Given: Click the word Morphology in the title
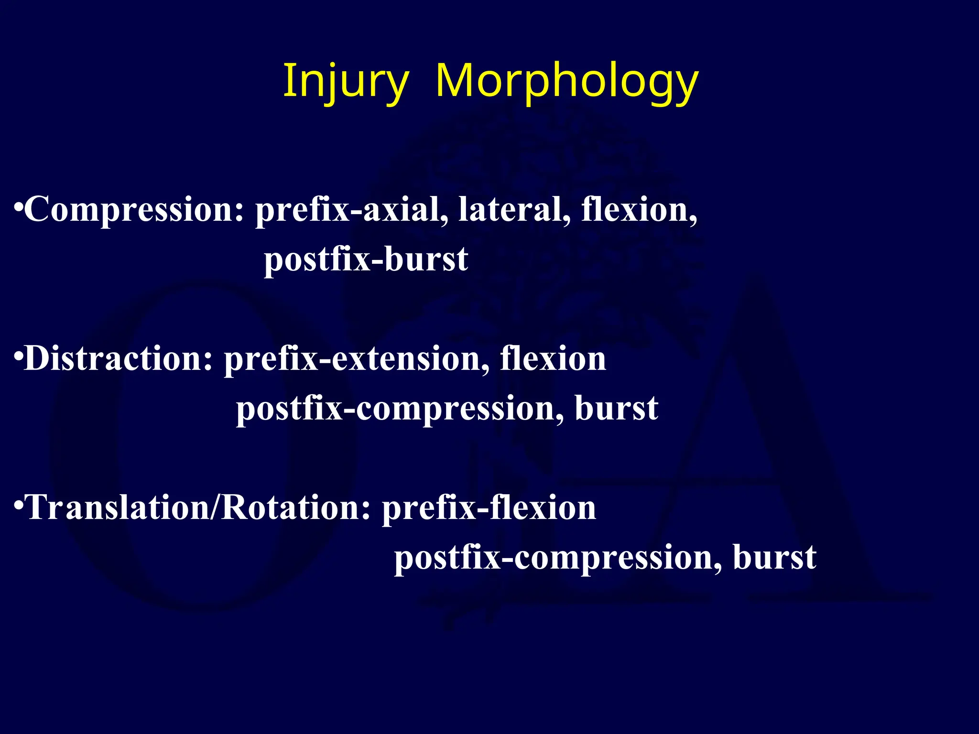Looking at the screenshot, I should (567, 81).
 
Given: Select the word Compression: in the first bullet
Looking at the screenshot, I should (134, 210).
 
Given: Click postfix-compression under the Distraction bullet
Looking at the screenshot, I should (400, 409).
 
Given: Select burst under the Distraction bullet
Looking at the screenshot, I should (616, 409).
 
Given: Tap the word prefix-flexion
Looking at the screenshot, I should (489, 507).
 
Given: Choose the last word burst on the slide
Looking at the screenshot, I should (774, 557).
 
